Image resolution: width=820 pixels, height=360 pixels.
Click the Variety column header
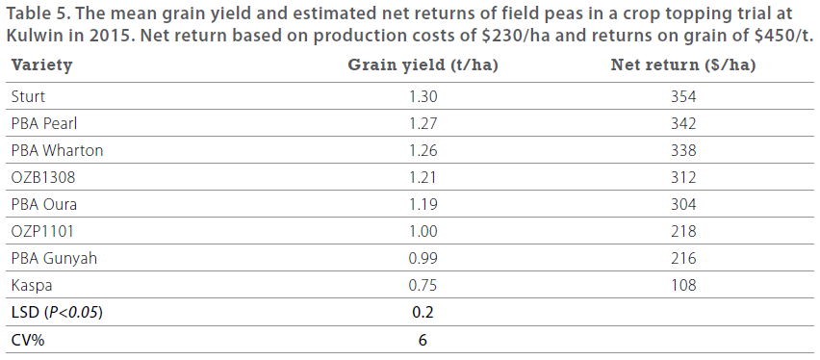point(41,65)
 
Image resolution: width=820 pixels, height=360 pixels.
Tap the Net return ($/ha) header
point(683,65)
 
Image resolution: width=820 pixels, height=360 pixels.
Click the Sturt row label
point(28,96)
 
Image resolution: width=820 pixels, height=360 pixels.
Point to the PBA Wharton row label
point(57,150)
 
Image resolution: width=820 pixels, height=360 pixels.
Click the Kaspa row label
point(30,285)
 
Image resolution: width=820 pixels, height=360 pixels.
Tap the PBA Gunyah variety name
point(54,258)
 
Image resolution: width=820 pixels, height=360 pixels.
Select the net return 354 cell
point(683,96)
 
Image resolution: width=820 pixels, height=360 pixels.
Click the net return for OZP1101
point(683,231)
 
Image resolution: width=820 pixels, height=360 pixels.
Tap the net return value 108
point(683,285)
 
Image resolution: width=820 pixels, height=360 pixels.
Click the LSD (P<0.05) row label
point(57,312)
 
